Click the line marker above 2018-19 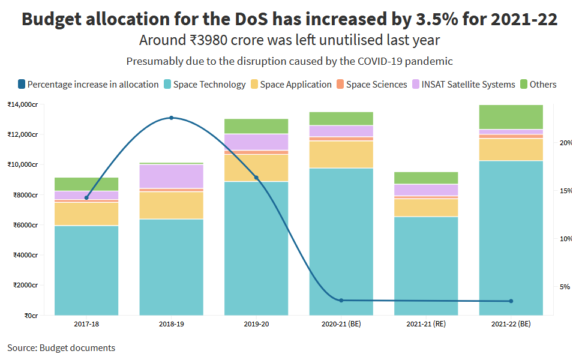pos(172,118)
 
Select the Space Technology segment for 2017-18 pos(86,270)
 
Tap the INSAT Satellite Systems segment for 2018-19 pos(172,176)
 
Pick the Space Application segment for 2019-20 pos(256,168)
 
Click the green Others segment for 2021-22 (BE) pos(511,117)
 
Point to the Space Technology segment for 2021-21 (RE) pos(426,265)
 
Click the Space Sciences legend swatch pos(340,85)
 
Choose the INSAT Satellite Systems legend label pos(468,85)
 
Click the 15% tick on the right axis pos(564,191)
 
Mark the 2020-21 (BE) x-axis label pos(341,324)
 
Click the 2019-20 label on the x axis pos(256,324)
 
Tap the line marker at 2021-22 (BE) pos(511,301)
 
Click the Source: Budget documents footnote pos(61,348)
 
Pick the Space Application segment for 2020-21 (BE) pos(341,154)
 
